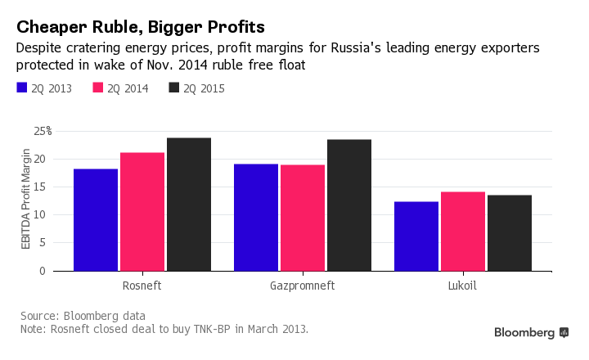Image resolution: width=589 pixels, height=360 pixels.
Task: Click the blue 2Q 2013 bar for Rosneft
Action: tap(95, 219)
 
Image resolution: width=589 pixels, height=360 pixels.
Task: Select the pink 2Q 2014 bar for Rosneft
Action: tap(142, 211)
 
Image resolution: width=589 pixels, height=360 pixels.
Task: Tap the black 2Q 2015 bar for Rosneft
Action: tap(189, 204)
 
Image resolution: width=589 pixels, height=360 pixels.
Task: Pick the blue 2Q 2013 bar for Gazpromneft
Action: tap(256, 217)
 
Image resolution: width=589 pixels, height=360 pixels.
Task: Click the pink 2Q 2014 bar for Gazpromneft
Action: tap(303, 218)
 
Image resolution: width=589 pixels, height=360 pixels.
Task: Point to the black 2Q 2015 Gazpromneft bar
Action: tap(349, 205)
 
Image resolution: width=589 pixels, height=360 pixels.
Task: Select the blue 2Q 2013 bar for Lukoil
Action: tap(416, 236)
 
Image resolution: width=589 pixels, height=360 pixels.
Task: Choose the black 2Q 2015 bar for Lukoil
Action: tap(510, 232)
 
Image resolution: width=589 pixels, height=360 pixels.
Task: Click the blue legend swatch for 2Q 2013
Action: tap(22, 88)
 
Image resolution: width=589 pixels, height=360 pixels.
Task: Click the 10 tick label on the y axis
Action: tap(46, 215)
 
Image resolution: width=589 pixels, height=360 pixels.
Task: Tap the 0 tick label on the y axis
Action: tap(48, 271)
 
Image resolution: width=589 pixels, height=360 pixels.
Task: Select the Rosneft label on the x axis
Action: tap(142, 287)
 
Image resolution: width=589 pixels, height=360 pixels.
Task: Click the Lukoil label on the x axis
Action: tap(463, 287)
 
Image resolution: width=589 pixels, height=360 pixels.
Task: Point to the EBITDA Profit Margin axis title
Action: tap(26, 200)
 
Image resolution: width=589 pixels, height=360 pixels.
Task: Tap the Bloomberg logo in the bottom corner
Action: tap(531, 333)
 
